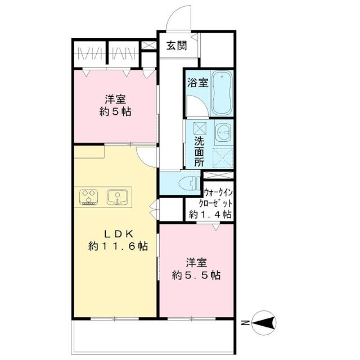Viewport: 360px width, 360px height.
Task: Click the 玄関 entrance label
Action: coord(177,46)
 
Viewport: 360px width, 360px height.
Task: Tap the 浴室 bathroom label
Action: coord(198,83)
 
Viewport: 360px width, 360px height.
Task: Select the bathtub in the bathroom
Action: coord(222,93)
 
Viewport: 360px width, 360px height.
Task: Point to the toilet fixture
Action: coord(189,183)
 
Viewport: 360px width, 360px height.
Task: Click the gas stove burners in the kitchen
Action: coord(89,197)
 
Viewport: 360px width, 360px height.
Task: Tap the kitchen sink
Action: coord(118,197)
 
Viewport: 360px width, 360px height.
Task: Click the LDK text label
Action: coord(119,234)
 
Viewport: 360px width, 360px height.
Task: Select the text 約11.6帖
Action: coord(118,246)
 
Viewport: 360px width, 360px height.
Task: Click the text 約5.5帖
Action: coord(196,275)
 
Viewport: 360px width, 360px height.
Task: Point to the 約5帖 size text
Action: coord(115,112)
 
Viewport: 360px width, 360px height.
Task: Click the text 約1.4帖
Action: coord(210,214)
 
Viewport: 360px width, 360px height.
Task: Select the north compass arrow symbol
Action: coord(264,322)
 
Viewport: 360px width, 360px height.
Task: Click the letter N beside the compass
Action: coord(245,323)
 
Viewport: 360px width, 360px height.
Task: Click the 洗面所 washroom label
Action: coord(199,151)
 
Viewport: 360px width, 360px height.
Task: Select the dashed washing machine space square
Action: coord(223,158)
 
